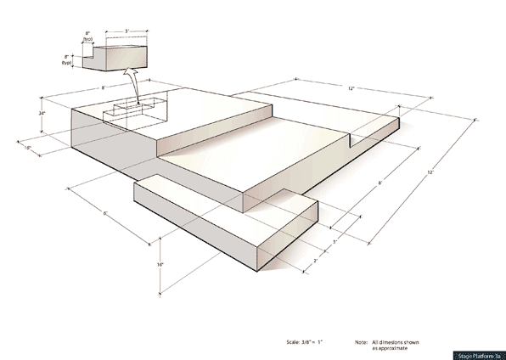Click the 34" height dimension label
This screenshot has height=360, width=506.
(x=42, y=112)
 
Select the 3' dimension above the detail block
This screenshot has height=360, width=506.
(x=127, y=31)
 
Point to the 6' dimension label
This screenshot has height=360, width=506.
(x=105, y=213)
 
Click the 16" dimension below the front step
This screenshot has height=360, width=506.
(x=160, y=265)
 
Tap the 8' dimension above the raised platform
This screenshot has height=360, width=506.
(x=104, y=87)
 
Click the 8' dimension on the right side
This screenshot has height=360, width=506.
(x=379, y=182)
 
